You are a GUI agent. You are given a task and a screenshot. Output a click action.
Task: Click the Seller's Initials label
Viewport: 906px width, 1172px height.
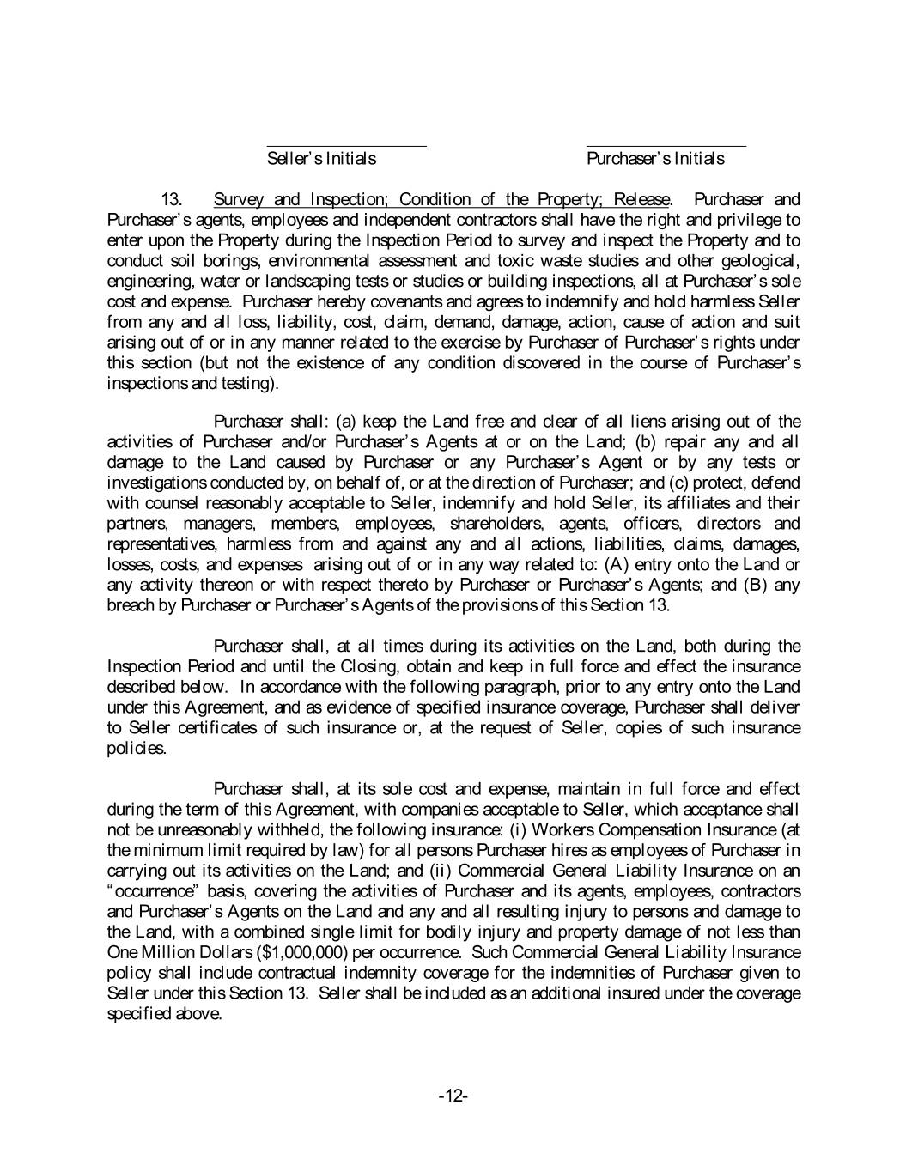pyautogui.click(x=321, y=159)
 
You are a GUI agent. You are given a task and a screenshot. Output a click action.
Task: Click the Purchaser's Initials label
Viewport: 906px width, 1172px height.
pyautogui.click(x=655, y=159)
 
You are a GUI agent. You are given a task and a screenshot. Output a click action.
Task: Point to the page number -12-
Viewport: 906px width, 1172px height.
pyautogui.click(x=453, y=1096)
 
